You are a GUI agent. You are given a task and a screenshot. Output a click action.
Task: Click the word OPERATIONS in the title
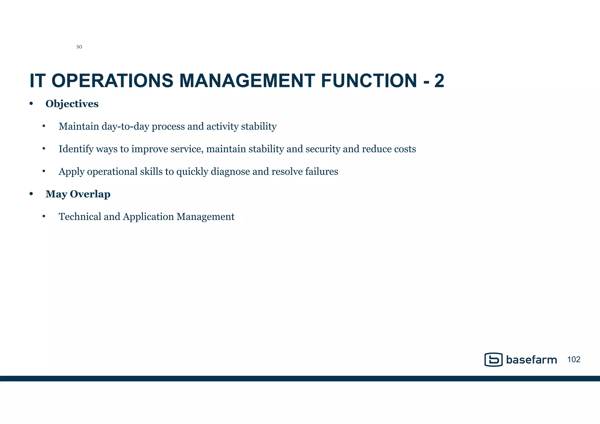point(112,81)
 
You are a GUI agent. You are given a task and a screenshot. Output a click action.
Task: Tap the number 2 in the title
point(439,81)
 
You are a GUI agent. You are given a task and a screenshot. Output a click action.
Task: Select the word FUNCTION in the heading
point(369,81)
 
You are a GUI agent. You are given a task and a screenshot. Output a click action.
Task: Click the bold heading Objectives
point(72,104)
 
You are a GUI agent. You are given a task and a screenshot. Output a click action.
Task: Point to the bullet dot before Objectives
point(31,104)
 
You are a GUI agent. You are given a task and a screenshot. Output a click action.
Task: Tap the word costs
point(405,149)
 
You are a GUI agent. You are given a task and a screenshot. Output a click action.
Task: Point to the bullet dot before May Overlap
point(31,194)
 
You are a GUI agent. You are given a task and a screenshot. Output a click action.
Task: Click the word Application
point(148,217)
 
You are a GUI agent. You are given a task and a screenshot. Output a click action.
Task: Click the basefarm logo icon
point(493,360)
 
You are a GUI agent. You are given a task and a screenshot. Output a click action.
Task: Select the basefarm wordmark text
point(531,360)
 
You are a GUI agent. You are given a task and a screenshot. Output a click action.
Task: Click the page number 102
point(574,360)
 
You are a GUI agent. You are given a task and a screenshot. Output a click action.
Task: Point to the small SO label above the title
point(79,47)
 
